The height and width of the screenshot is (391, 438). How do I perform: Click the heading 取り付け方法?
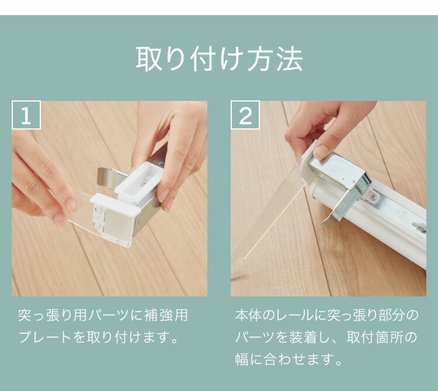tap(219, 59)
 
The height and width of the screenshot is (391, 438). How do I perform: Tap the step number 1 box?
tap(26, 115)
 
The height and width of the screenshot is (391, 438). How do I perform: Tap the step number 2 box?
tap(245, 115)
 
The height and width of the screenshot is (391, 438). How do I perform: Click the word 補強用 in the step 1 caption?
tap(166, 315)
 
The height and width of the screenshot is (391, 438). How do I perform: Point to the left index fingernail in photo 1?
tap(71, 205)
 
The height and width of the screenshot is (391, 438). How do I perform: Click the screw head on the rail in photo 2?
tap(374, 197)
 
